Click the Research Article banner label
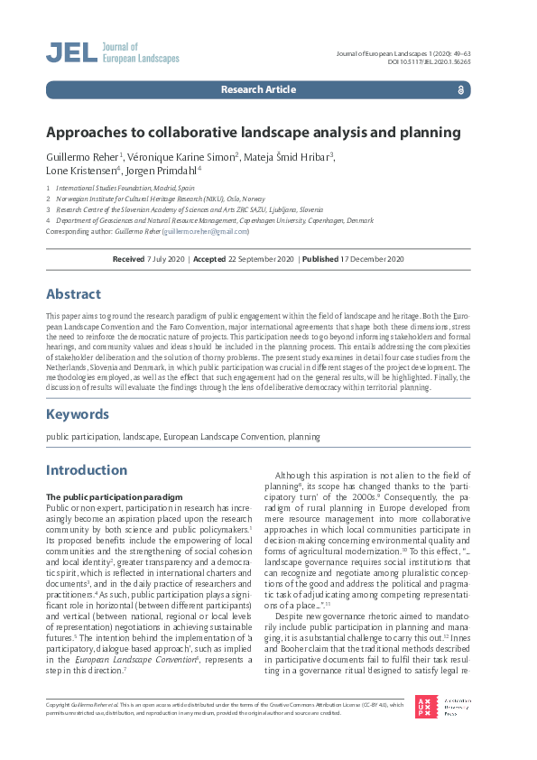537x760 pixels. pyautogui.click(x=257, y=90)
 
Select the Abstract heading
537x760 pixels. pyautogui.click(x=74, y=294)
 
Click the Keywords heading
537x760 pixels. pyautogui.click(x=78, y=414)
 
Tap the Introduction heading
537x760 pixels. pyautogui.click(x=87, y=470)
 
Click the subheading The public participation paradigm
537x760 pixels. pyautogui.click(x=104, y=497)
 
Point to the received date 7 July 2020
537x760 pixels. pyautogui.click(x=165, y=259)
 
